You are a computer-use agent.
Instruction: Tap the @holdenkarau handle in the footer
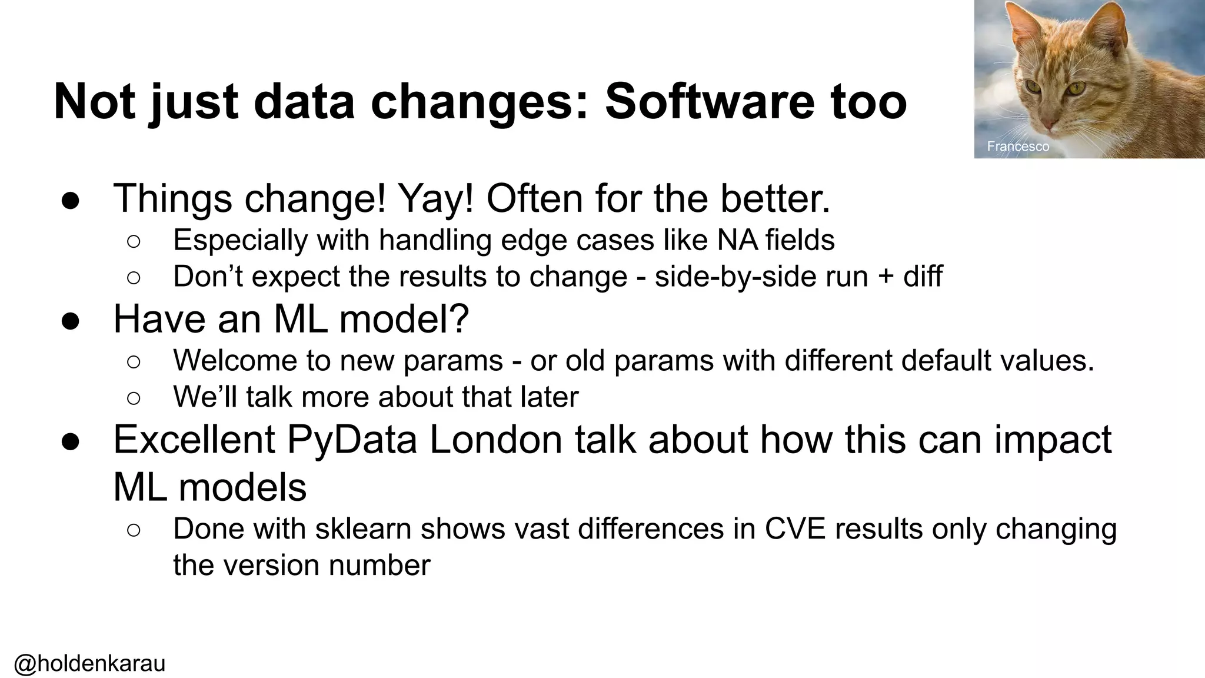point(89,663)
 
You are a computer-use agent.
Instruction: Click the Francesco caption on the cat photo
point(1018,146)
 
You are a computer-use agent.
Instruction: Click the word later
point(550,397)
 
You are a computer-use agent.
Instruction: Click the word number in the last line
point(380,565)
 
